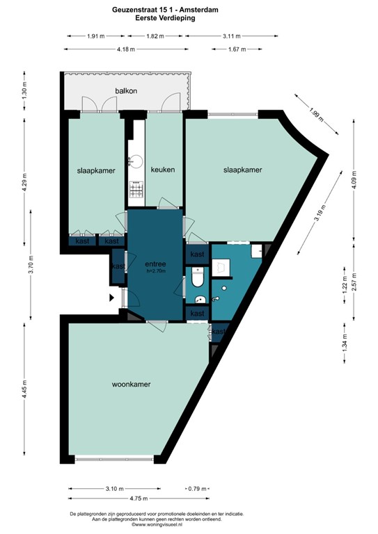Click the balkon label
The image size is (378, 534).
127,92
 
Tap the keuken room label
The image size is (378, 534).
162,170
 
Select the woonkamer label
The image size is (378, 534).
132,384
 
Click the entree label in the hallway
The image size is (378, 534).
155,264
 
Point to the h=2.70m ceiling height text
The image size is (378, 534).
155,272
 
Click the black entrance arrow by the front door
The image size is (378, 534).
111,298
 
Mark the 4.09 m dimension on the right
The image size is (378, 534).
354,180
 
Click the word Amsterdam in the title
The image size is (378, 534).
216,10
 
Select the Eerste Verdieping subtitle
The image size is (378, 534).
165,19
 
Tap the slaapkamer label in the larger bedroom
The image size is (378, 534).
242,170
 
